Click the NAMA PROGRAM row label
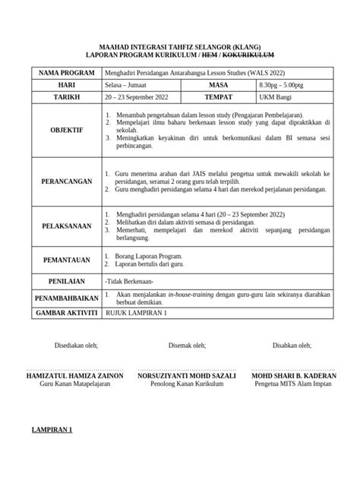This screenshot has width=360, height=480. click(60, 73)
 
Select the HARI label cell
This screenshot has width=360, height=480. click(60, 86)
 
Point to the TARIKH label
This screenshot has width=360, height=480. click(60, 99)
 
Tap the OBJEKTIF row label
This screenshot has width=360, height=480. click(60, 131)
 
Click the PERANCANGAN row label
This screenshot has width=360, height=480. click(60, 182)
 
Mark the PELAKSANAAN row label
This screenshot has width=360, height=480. click(60, 226)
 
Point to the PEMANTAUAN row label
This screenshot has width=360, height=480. click(60, 260)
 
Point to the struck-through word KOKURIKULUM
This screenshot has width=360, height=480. click(243, 55)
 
